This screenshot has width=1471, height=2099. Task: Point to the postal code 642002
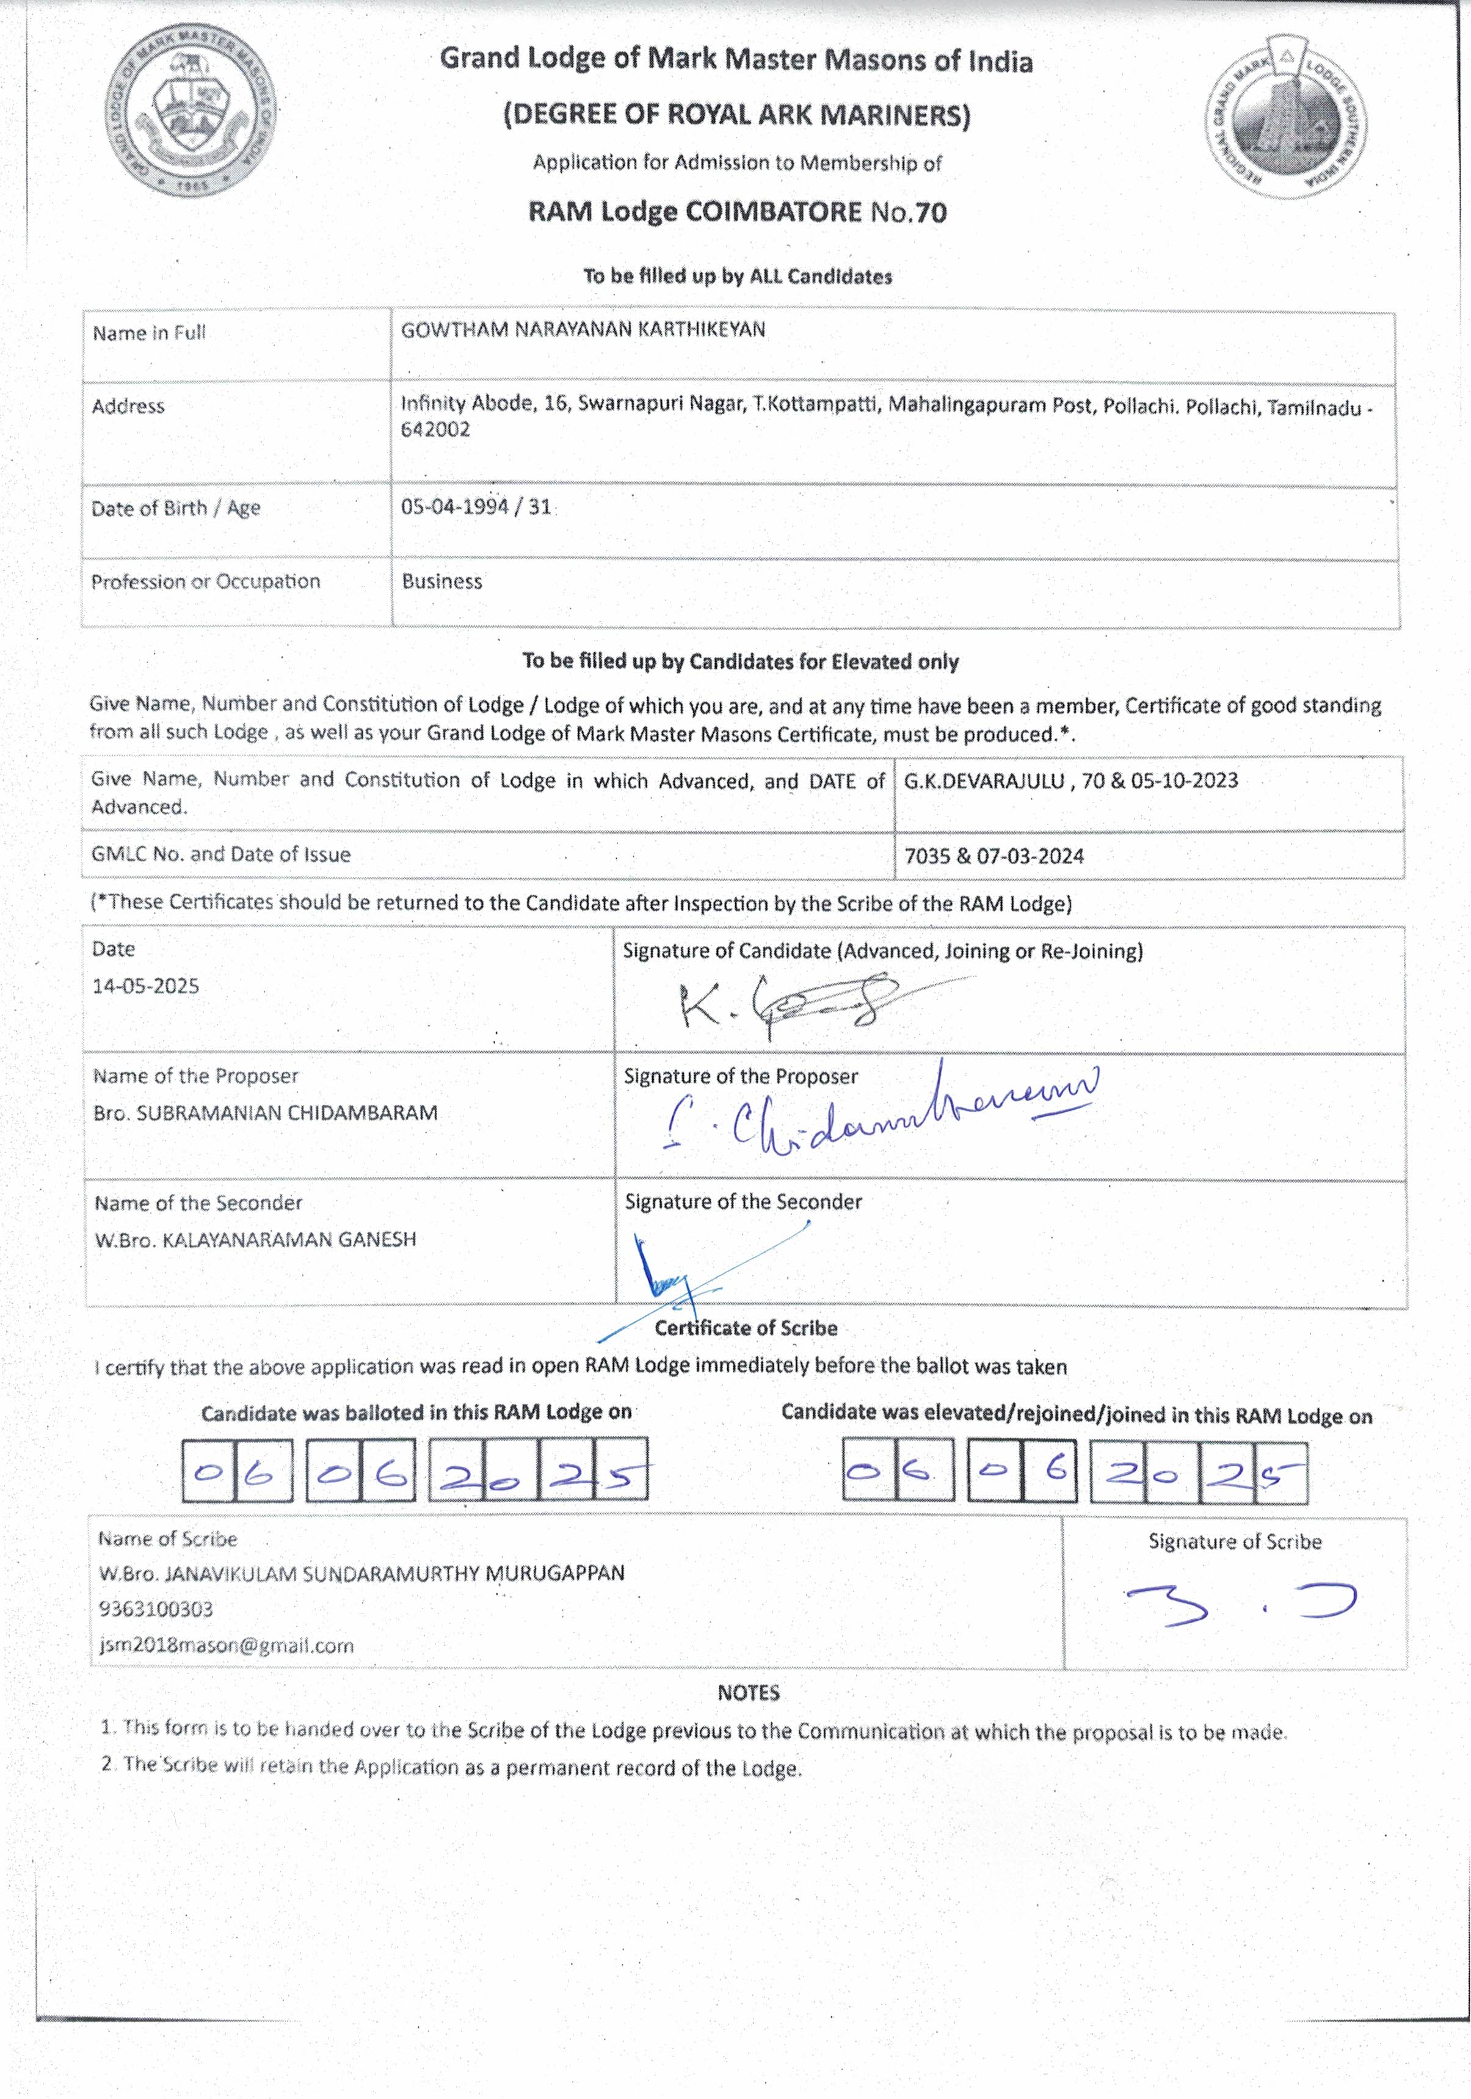tap(435, 430)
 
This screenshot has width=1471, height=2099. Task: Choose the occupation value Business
tap(441, 581)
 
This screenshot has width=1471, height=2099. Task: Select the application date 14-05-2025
tap(145, 986)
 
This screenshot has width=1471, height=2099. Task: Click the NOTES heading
tap(748, 1693)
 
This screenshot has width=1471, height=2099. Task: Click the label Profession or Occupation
tap(206, 581)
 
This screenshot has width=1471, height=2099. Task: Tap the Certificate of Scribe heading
tap(745, 1328)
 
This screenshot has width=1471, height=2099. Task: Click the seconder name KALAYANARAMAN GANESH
tap(289, 1240)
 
